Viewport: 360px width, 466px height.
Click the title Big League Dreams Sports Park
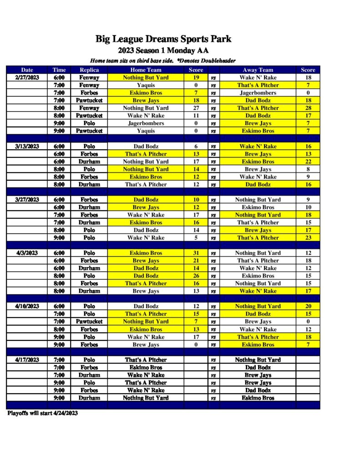(163, 39)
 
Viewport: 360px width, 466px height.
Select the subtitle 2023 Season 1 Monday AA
(163, 51)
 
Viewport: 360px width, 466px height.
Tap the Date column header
(27, 70)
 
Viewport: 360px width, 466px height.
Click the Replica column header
(89, 70)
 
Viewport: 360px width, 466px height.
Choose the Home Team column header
(146, 70)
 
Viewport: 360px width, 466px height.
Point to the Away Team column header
(258, 70)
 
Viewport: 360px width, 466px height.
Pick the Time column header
(59, 70)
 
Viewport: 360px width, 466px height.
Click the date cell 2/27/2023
(27, 78)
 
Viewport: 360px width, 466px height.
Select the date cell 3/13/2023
(27, 147)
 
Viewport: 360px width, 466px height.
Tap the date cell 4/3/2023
(27, 253)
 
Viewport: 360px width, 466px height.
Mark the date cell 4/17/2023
(27, 360)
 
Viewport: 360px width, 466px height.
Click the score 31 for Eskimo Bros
(196, 253)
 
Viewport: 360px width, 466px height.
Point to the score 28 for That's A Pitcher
(308, 108)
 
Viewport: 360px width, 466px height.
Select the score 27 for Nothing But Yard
(196, 108)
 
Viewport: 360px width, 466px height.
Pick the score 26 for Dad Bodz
(196, 276)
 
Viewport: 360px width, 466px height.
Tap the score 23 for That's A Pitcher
(308, 238)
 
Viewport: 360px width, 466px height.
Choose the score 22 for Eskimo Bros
(308, 162)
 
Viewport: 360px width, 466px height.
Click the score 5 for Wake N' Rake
(196, 238)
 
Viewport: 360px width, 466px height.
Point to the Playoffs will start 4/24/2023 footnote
(43, 413)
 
